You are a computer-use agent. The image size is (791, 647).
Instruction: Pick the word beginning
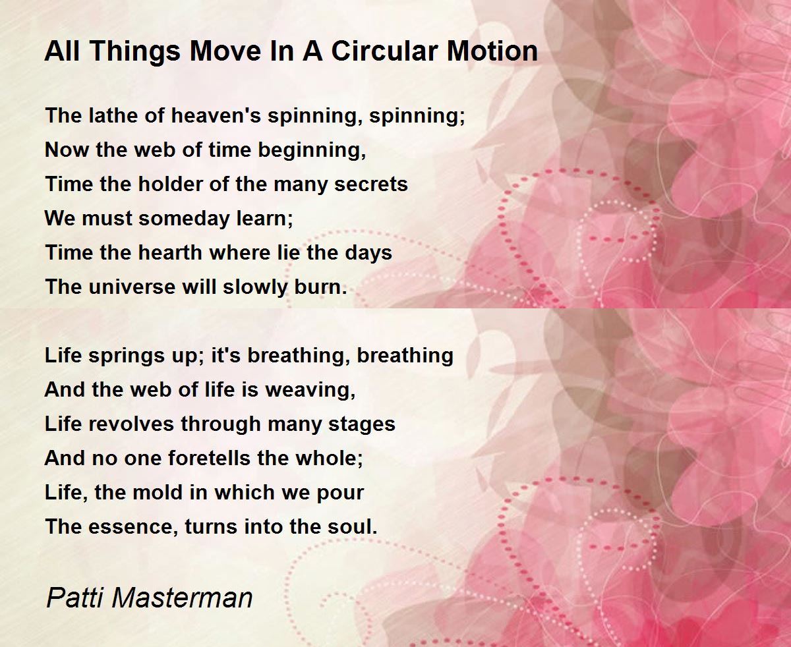click(312, 151)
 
